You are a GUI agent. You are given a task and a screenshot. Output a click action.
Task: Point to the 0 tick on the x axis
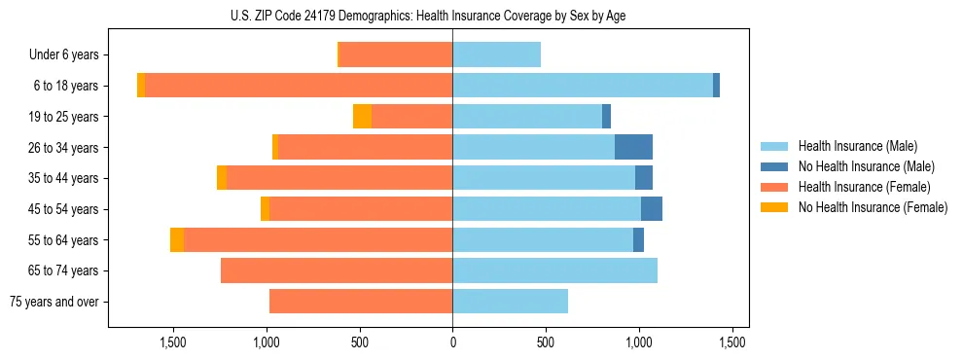pos(452,342)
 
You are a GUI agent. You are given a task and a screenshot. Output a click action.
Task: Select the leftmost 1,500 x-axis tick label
pos(173,342)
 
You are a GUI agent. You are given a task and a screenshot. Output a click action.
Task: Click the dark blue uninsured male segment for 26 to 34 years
pos(633,148)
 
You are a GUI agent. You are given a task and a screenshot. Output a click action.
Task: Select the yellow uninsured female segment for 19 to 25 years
pos(362,117)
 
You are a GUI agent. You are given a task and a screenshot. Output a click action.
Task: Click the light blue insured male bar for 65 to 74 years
pos(554,270)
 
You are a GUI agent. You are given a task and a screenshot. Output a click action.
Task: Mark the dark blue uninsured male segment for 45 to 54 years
pos(652,209)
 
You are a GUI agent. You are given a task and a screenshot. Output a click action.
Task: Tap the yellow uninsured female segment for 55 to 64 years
pos(177,240)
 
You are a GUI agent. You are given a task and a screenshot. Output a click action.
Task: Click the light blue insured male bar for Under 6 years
pos(496,55)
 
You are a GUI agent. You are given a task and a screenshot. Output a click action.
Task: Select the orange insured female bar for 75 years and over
pos(361,302)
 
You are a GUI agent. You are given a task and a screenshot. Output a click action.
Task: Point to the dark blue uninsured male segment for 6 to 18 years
pos(716,86)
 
